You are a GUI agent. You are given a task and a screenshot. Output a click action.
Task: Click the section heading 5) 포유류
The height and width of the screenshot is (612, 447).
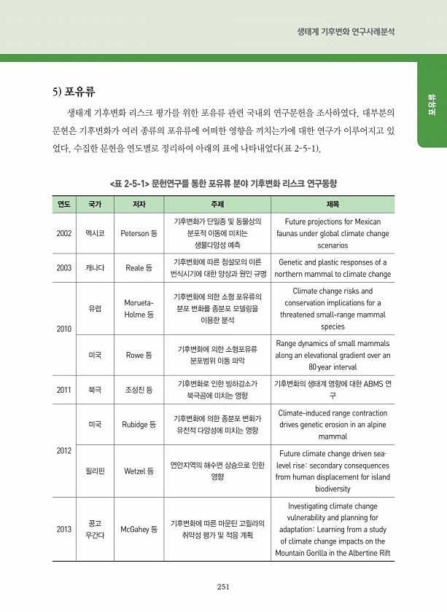click(x=74, y=93)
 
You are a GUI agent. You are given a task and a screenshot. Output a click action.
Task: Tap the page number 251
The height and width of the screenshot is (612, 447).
click(x=224, y=587)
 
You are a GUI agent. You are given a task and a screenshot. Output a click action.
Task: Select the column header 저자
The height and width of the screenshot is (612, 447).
click(x=139, y=204)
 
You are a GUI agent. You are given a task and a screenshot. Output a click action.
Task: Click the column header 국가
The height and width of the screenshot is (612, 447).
click(x=95, y=204)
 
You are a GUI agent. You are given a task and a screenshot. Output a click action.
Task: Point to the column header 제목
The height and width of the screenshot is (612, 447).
click(x=333, y=204)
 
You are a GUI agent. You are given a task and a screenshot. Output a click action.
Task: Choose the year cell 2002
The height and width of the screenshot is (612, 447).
click(x=63, y=233)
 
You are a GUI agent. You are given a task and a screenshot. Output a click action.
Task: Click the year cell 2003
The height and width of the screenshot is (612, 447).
click(x=63, y=268)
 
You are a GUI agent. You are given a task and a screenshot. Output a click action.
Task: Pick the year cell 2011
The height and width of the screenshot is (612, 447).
click(x=63, y=390)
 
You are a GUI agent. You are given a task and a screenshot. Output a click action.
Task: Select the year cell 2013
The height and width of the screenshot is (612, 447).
click(x=63, y=529)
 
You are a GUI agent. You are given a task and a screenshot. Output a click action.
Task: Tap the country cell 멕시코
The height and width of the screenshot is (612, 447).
click(x=95, y=233)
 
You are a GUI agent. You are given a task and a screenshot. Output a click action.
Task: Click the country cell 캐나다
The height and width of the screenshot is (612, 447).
click(x=95, y=268)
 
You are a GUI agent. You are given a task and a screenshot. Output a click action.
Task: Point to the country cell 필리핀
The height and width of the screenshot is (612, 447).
click(x=95, y=471)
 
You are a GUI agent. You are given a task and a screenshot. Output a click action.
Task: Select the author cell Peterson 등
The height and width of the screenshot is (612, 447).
click(x=139, y=233)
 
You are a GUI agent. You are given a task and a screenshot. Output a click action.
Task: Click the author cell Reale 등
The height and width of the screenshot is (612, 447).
click(x=139, y=268)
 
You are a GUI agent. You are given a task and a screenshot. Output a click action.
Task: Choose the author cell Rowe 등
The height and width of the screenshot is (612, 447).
click(x=139, y=355)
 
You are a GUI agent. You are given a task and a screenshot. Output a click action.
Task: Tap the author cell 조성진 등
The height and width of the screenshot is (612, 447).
click(x=139, y=390)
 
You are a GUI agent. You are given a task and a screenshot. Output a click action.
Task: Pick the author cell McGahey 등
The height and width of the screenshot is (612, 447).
click(x=139, y=529)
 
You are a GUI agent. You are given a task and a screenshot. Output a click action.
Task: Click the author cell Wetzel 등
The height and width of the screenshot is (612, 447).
click(x=139, y=471)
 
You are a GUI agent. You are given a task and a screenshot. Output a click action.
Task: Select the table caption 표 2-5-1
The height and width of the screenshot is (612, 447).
click(x=224, y=182)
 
